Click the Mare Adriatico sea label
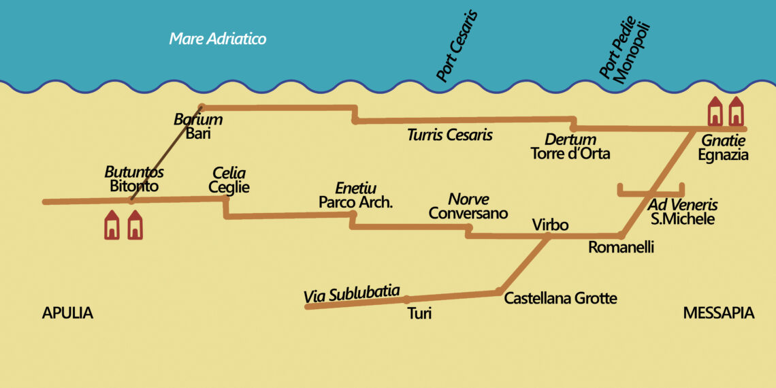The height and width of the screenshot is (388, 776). (x=217, y=39)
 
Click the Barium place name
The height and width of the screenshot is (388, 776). (x=198, y=120)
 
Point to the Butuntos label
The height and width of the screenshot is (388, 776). (x=134, y=172)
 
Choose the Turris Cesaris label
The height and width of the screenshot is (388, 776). (x=449, y=135)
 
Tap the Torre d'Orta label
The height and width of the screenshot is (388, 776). (x=570, y=154)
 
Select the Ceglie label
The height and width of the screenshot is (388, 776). (x=229, y=187)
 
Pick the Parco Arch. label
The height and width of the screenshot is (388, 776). (x=356, y=202)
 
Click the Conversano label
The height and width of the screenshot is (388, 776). (x=468, y=213)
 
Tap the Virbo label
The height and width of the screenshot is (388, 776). (x=550, y=225)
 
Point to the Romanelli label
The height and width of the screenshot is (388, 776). (x=621, y=248)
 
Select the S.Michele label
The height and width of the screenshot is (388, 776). (x=682, y=219)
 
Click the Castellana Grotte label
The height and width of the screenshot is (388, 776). (x=560, y=298)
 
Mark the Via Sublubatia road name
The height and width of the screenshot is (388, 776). (x=351, y=295)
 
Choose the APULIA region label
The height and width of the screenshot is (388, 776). (x=67, y=313)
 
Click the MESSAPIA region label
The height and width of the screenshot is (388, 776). (x=718, y=313)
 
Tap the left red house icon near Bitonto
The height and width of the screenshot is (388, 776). (x=112, y=225)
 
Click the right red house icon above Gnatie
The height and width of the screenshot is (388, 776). (x=736, y=112)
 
